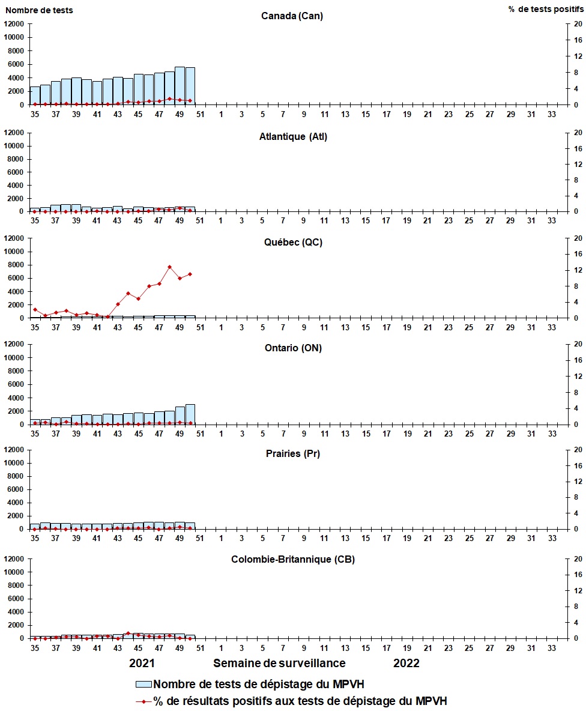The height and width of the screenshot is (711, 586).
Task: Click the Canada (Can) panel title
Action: pyautogui.click(x=292, y=16)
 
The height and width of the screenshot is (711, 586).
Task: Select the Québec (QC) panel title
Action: pyautogui.click(x=292, y=243)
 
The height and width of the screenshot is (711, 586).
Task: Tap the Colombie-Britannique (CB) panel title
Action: pyautogui.click(x=292, y=560)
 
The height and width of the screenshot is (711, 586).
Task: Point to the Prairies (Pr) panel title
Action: pyautogui.click(x=292, y=453)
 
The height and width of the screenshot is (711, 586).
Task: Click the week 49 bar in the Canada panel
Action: pyautogui.click(x=180, y=86)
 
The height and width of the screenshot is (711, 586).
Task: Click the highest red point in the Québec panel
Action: pyautogui.click(x=169, y=267)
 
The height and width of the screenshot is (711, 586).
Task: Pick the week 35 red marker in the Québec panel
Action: pyautogui.click(x=35, y=309)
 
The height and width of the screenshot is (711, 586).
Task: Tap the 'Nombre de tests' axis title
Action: pyautogui.click(x=37, y=10)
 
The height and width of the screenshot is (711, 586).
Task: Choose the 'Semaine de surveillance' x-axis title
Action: pyautogui.click(x=279, y=664)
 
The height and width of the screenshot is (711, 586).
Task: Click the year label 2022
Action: pyautogui.click(x=406, y=664)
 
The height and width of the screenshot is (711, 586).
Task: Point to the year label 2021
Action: pyautogui.click(x=142, y=664)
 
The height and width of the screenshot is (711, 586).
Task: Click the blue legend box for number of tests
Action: pyautogui.click(x=143, y=683)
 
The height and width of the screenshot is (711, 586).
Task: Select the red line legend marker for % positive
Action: pyautogui.click(x=143, y=701)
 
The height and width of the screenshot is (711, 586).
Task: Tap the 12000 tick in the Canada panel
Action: pyautogui.click(x=14, y=24)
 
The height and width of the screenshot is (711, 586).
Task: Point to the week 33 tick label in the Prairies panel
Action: pyautogui.click(x=551, y=539)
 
